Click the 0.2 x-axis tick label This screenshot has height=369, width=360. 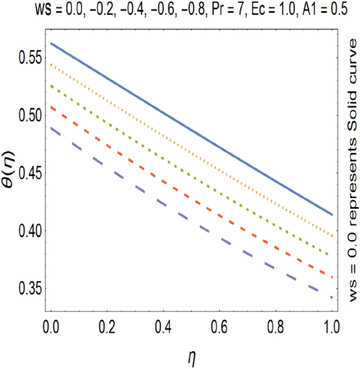pyautogui.click(x=107, y=326)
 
